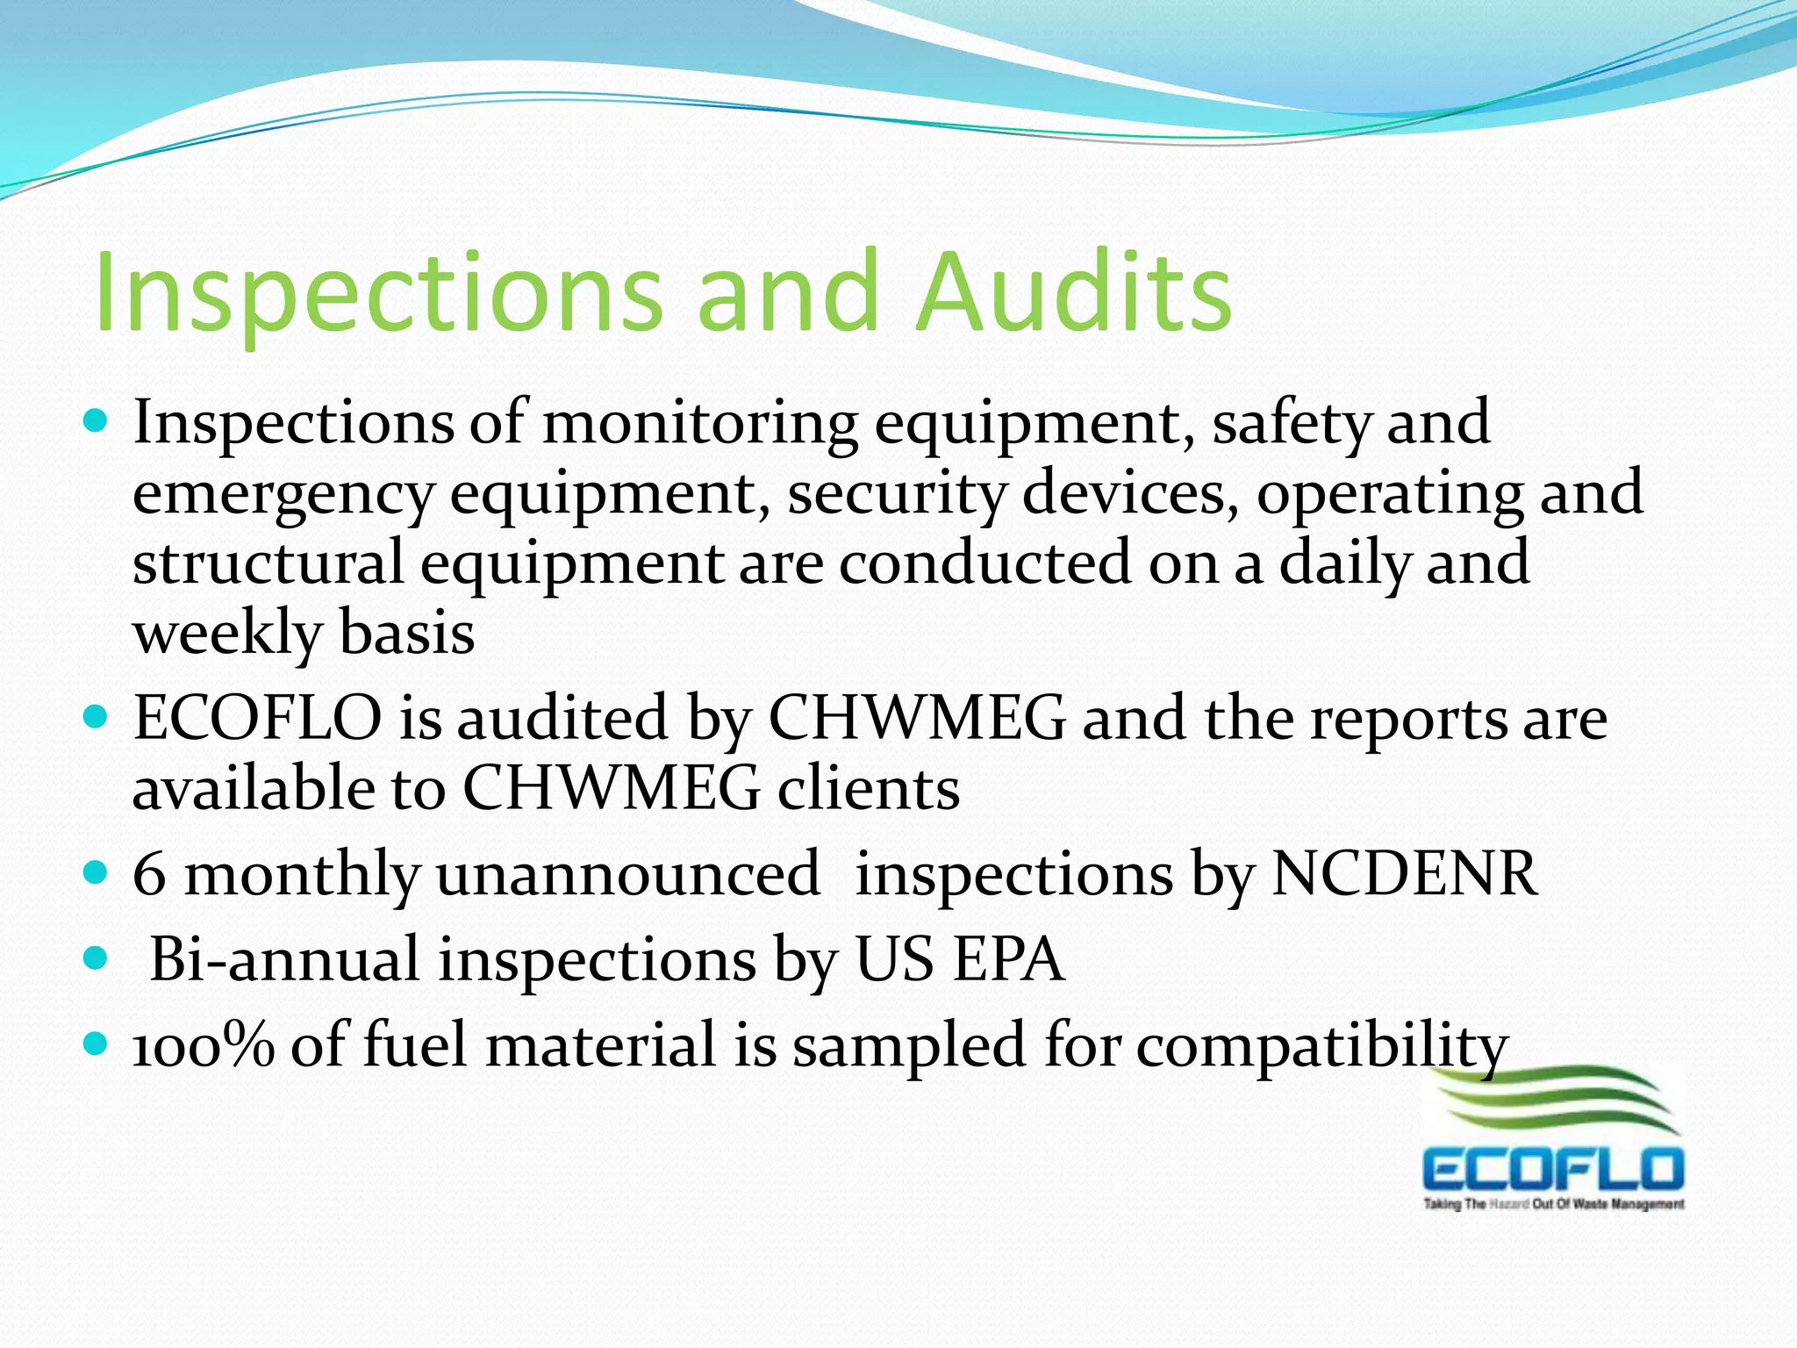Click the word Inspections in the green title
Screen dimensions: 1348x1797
(377, 294)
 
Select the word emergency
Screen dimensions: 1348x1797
(283, 494)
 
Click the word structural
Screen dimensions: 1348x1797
(268, 563)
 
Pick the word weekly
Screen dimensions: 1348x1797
(227, 634)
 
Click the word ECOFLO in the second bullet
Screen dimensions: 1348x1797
(257, 718)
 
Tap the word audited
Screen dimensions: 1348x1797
(562, 718)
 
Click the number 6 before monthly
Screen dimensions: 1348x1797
(149, 874)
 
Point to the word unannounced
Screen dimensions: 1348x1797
(627, 874)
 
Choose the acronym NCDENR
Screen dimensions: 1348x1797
(1404, 874)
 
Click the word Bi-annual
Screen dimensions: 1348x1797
(284, 958)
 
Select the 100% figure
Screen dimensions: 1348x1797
(203, 1044)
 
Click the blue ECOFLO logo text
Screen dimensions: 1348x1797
(1552, 1170)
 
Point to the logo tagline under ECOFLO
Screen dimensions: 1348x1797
(1553, 1204)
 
